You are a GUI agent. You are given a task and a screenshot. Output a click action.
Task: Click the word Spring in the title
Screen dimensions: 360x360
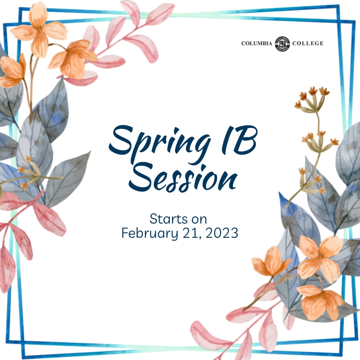160,144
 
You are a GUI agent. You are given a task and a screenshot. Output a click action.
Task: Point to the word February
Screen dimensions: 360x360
150,233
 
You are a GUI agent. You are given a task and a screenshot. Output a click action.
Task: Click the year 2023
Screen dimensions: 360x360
222,233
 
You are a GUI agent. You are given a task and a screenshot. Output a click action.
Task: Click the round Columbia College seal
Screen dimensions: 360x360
282,44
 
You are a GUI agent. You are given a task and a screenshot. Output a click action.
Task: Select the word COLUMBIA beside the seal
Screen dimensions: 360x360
256,44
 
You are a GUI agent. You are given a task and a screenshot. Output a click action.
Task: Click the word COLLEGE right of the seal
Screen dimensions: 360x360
308,44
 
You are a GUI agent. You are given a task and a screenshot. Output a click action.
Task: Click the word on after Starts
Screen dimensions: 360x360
199,220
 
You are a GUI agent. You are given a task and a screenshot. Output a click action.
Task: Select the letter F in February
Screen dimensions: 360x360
125,233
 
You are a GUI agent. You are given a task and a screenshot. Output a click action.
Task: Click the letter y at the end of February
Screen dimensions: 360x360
175,235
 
